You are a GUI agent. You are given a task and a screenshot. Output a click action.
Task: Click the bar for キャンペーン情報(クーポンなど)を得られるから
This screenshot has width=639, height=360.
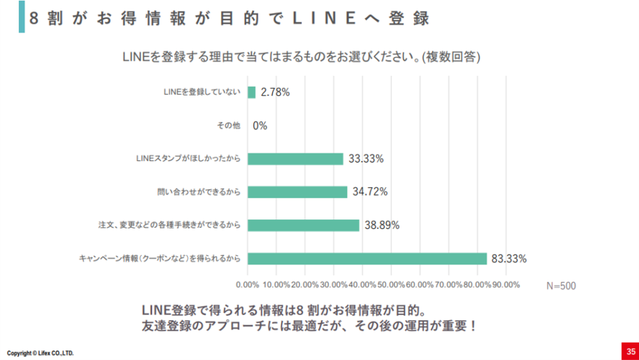(x=367, y=258)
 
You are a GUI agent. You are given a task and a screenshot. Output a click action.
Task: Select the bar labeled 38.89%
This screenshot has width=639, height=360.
(x=303, y=225)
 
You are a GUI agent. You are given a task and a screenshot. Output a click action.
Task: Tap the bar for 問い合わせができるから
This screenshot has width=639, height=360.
(x=297, y=192)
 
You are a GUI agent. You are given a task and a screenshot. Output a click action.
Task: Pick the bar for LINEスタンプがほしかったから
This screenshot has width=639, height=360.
(x=295, y=159)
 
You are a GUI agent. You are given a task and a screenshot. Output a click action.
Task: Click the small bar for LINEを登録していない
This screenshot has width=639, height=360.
(x=251, y=92)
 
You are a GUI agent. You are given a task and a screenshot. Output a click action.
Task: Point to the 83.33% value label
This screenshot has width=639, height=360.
(x=509, y=258)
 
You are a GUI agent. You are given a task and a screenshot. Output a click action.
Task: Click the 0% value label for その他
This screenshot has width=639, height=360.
(x=260, y=125)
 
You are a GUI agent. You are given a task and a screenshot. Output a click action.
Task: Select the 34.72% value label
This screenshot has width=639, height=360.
(x=369, y=192)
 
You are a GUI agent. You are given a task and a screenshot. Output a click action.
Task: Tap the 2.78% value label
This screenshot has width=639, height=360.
(x=275, y=92)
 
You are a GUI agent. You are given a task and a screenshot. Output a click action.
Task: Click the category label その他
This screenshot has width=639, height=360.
(x=228, y=125)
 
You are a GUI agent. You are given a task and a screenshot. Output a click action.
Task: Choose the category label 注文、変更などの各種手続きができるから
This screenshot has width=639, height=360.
(x=169, y=225)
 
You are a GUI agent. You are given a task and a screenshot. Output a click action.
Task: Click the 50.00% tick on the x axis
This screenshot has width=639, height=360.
(x=391, y=285)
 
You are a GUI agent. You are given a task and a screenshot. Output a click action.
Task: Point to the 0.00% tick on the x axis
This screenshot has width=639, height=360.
(x=248, y=285)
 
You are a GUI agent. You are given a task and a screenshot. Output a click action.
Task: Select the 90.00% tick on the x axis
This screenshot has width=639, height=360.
(x=506, y=285)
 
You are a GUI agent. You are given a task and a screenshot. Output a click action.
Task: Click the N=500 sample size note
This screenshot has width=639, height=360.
(x=561, y=286)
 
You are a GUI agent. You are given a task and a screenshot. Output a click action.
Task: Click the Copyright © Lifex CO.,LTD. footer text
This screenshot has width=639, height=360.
(x=41, y=353)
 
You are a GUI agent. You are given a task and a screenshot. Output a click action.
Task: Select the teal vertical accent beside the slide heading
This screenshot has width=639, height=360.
(x=22, y=16)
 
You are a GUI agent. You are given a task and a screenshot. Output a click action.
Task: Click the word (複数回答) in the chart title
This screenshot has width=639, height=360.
(x=451, y=57)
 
